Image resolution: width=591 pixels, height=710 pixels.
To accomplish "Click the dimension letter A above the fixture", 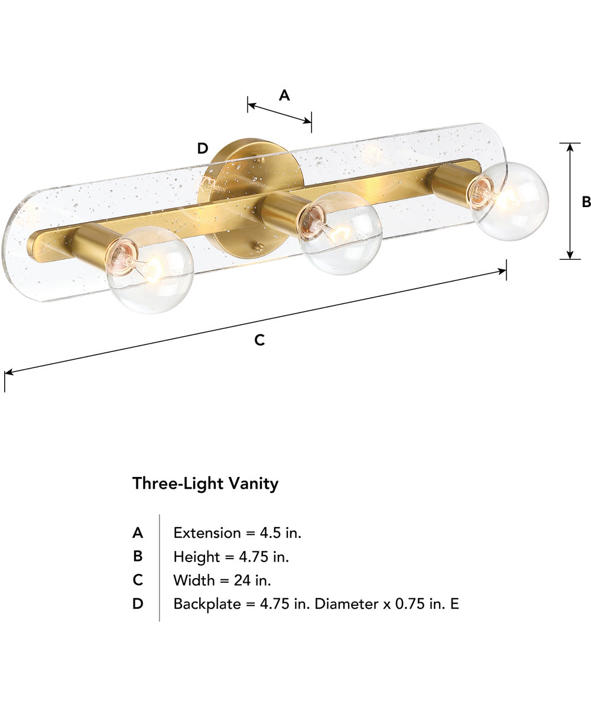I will pos(284,95).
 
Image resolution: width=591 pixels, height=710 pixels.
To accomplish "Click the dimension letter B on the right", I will pos(586,202).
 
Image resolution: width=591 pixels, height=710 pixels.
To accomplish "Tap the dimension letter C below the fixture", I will pos(259,340).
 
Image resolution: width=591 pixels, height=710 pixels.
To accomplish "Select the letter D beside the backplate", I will pos(203,148).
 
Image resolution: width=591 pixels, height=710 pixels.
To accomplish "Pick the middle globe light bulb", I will pos(340,233).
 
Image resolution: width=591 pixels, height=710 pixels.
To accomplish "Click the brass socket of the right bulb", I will pos(452,184).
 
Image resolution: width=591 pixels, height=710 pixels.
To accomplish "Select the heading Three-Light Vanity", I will pos(205,483).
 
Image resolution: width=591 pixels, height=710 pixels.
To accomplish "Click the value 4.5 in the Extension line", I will pos(269,532).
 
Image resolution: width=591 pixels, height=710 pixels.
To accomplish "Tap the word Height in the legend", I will pos(194,556).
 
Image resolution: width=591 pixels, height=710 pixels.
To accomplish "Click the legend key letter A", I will pos(137,532).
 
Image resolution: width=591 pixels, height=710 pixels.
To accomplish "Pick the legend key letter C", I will pos(137,580).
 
